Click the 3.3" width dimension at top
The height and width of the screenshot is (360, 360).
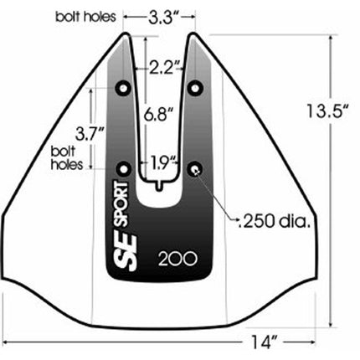pyautogui.click(x=158, y=15)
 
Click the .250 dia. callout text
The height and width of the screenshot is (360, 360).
pyautogui.click(x=277, y=223)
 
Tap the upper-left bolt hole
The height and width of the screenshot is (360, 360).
pyautogui.click(x=125, y=88)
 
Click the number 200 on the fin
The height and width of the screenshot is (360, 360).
pyautogui.click(x=177, y=258)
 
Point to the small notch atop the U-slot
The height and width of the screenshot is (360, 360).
pyautogui.click(x=159, y=179)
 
